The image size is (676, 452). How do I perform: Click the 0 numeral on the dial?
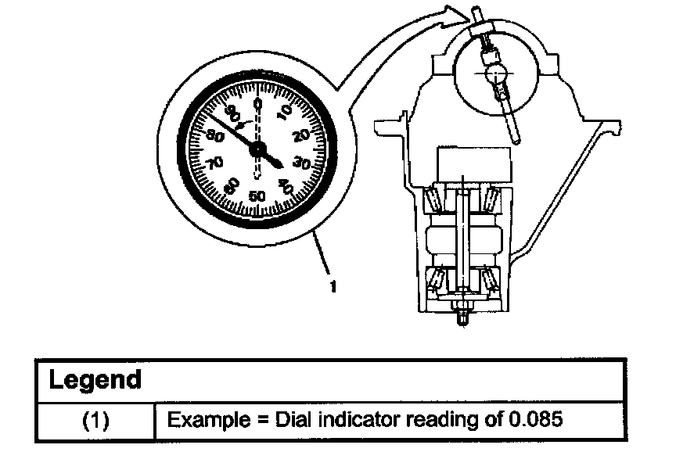pos(257,104)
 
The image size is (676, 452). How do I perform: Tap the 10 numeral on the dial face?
pos(285,112)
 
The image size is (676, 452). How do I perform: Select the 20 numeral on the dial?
pos(301,136)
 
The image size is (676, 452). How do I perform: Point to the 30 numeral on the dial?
pos(301,163)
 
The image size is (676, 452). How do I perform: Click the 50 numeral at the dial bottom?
pos(257,196)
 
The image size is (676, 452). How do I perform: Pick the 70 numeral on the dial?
pos(214,163)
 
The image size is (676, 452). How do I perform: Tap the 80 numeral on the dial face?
pos(215,136)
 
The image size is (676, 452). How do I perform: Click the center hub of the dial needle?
pos(257,149)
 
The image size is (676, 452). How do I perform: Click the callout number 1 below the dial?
pos(333,286)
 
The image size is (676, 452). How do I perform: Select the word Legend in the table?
pos(95,379)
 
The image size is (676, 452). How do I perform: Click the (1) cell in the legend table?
pos(95,420)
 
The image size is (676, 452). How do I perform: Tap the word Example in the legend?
pos(208,420)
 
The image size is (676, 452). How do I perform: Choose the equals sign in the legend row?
pos(263,420)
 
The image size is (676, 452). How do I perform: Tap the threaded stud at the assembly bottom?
pos(462,316)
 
